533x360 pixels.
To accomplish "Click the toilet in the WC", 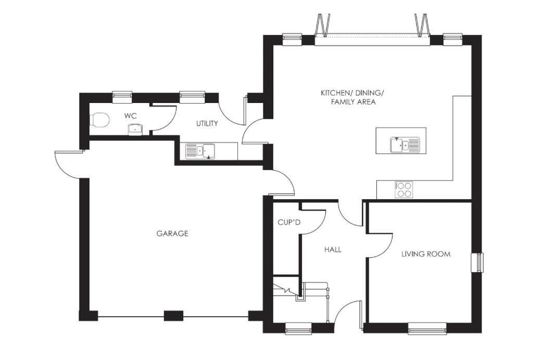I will pos(99,120).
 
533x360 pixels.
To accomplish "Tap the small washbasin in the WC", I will pos(135,129).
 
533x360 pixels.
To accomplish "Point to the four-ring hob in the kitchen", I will pos(404,189).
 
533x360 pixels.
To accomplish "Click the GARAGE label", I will pos(172,234).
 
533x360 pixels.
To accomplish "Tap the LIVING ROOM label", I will pos(426,254).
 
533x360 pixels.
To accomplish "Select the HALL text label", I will pos(333,250).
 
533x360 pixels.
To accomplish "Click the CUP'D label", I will pos(289,223).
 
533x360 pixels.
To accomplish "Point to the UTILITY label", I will pos(207,124).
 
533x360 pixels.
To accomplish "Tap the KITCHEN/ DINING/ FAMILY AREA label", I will pos(352,97).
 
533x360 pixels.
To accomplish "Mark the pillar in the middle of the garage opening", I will pos(173,315).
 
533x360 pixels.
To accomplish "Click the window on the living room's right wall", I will pos(477,262).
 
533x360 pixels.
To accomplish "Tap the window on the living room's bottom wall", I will pos(427,328).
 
